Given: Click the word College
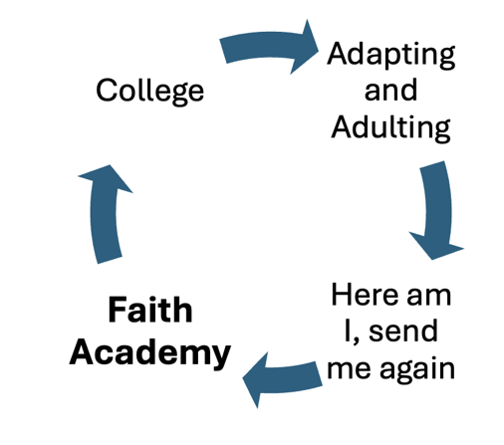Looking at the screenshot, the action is pos(149,92).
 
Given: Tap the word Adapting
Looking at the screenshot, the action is pos(390,55).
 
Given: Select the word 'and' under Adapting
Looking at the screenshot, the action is pos(390,90).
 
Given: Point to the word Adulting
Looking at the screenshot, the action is pos(390,128).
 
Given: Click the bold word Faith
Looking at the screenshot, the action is pos(150,310).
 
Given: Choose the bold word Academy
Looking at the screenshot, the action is pos(150,353).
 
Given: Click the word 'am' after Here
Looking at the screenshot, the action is pos(429,297).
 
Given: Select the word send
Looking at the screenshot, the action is pos(403,331).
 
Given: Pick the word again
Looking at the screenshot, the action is pos(417,370).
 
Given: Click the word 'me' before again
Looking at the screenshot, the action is pos(349,369).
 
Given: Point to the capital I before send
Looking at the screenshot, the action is pos(348,331).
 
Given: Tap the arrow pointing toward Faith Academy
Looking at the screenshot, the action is pos(282,380).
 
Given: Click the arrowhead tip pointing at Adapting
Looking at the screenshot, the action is pos(319,51).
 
